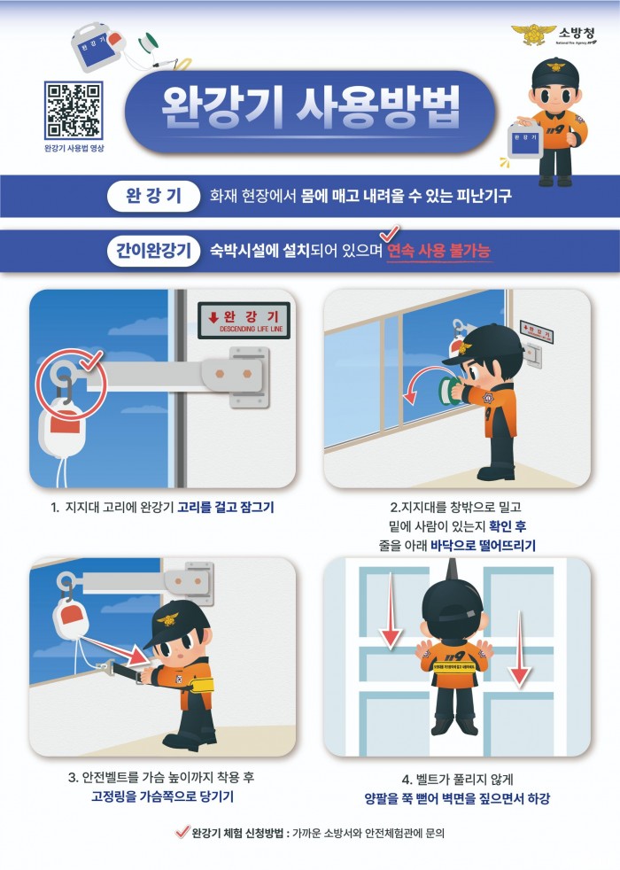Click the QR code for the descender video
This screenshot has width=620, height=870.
[74, 110]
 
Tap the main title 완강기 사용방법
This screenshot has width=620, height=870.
[310, 109]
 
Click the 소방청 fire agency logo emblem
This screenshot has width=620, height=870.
[532, 35]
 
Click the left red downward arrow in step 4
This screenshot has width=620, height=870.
[389, 625]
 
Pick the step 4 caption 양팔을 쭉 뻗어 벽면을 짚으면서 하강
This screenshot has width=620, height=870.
[456, 798]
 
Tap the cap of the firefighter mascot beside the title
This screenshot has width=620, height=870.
[554, 72]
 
